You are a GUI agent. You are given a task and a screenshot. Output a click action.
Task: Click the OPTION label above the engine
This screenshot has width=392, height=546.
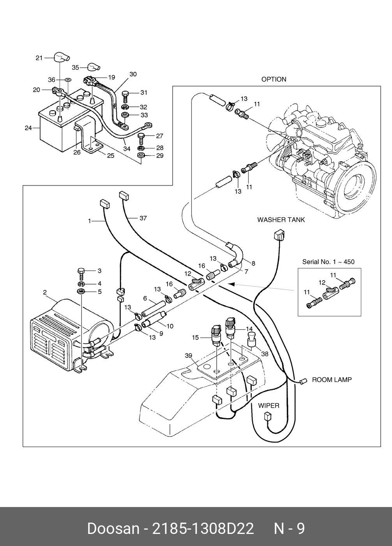point(274,79)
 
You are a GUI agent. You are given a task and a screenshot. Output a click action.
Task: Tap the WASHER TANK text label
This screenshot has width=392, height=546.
point(281,220)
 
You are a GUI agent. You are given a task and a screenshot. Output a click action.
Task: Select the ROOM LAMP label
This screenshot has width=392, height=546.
point(332,380)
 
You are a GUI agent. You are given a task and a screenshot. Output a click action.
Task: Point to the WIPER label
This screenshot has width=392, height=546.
point(268,406)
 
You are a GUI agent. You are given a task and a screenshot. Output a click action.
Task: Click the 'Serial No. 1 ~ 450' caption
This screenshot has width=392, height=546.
point(328,262)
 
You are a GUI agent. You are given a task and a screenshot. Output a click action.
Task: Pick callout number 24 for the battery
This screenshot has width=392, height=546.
point(28,127)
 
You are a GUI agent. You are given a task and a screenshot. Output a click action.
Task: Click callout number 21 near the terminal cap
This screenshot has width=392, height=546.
point(39,58)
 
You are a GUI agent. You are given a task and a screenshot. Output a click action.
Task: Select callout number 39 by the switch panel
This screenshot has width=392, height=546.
point(189,355)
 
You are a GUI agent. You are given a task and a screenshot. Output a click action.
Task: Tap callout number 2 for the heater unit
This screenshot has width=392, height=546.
point(45,292)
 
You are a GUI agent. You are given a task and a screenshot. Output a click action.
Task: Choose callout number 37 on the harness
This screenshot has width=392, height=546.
point(143,218)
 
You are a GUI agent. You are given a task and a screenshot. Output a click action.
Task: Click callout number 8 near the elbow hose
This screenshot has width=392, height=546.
point(253,263)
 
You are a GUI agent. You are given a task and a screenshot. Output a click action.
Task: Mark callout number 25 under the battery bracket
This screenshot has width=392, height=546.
point(111,156)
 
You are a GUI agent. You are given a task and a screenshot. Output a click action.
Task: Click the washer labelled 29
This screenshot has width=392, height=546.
point(141,156)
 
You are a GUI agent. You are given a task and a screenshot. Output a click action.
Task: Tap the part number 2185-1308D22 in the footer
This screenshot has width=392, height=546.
point(203,529)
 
